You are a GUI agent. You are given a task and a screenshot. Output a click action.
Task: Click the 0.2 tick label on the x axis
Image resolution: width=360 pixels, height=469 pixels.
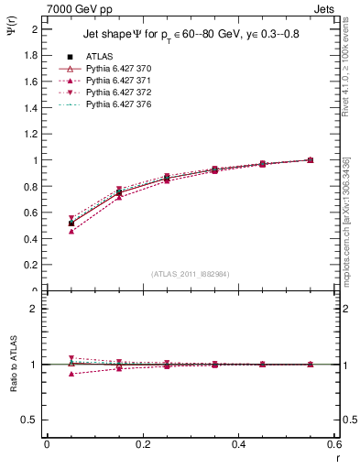click(142, 444)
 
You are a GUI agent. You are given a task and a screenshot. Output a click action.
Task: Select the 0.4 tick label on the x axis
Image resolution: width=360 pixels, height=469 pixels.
click(238, 444)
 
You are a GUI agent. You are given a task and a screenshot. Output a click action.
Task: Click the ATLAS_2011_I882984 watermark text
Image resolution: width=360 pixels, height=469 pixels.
click(191, 274)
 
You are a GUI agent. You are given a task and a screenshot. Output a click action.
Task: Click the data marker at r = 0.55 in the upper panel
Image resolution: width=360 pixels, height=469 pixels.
click(311, 160)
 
